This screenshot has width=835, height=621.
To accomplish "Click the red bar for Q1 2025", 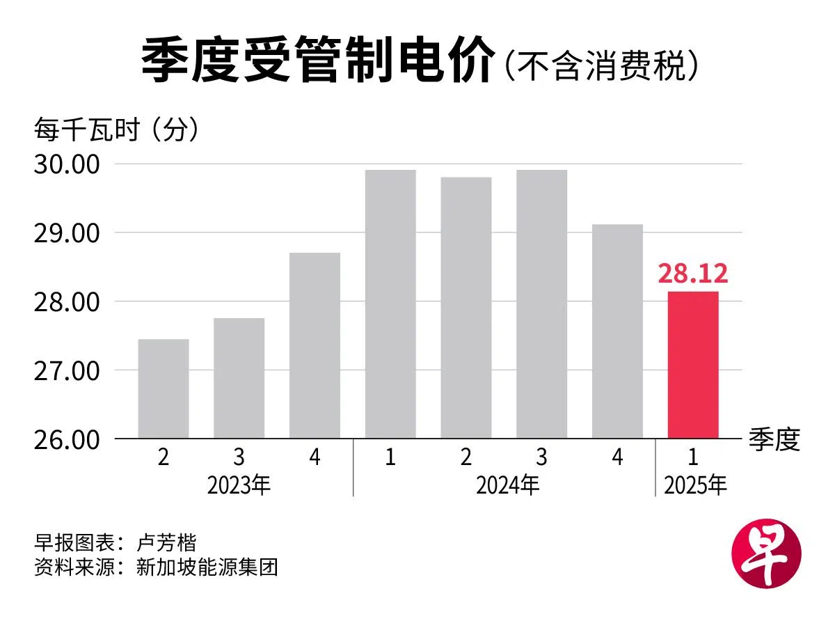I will (x=693, y=365).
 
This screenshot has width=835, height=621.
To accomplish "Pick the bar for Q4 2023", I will (x=315, y=345).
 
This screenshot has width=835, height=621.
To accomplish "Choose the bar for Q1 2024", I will (x=390, y=304).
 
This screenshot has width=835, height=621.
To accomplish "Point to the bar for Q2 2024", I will (x=466, y=308).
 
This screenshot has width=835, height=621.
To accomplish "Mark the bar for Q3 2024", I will (x=541, y=304).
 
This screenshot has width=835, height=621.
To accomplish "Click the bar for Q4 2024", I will (x=617, y=331).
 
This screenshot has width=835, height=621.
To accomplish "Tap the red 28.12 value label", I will (x=693, y=274).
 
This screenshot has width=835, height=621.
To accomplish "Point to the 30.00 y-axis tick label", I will (x=67, y=165).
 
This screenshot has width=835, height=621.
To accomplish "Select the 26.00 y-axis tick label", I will (x=67, y=440).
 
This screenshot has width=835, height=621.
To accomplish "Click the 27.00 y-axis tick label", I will (x=67, y=371).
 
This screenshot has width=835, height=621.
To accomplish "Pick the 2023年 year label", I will (x=239, y=485).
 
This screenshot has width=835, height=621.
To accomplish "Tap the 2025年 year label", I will (x=695, y=485).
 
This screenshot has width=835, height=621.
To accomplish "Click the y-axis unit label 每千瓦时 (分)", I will (x=117, y=131).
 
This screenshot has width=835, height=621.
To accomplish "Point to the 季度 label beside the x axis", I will (x=774, y=439).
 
